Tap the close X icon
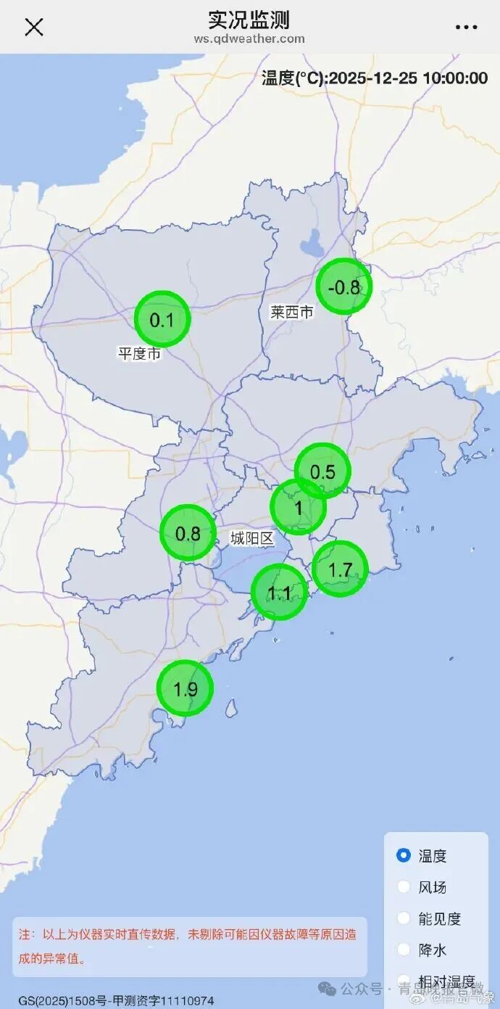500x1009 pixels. (34, 27)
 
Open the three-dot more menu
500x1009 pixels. (466, 27)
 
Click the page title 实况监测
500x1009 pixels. (249, 18)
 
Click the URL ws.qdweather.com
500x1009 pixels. (249, 39)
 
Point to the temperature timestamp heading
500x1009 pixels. (374, 78)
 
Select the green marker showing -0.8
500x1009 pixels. (344, 287)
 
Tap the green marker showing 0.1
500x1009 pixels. (162, 319)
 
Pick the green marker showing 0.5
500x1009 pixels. (323, 471)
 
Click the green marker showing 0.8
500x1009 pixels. (188, 534)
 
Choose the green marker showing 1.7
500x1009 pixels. (341, 569)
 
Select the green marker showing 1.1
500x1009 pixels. (279, 593)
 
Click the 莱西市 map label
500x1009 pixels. (292, 313)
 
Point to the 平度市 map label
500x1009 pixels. (140, 354)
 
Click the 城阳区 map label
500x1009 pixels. (251, 538)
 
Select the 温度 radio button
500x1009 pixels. (404, 855)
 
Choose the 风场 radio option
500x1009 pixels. (404, 886)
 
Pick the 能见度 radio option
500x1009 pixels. (404, 918)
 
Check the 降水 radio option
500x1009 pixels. (404, 949)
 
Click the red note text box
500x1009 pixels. (189, 946)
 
